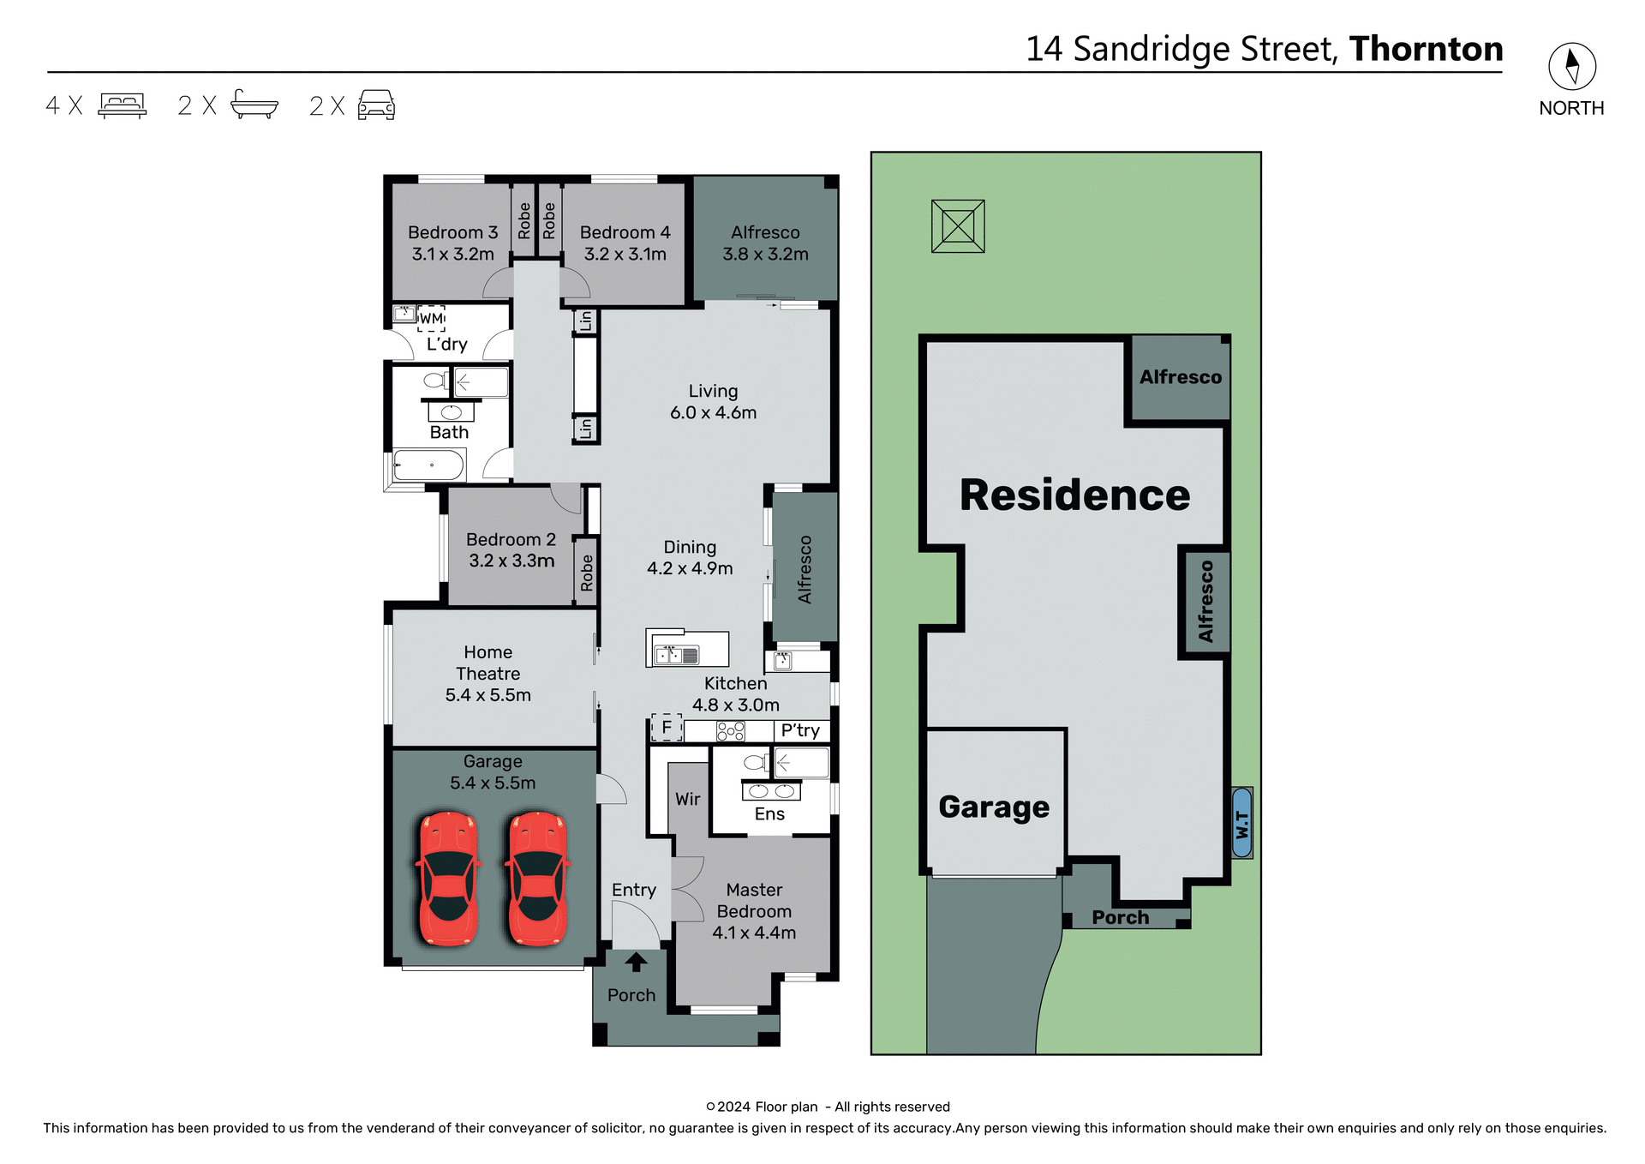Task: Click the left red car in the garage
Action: coord(447,879)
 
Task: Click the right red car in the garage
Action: coord(537,879)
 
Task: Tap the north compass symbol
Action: coord(1571,67)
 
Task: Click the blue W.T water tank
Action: coord(1241,823)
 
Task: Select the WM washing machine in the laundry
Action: coord(432,318)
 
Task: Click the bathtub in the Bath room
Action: coord(428,466)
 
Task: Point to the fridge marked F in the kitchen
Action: coord(667,728)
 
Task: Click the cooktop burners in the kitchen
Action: coord(731,731)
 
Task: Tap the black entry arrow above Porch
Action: coord(636,962)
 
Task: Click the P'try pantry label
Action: coord(800,730)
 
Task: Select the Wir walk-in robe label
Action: coord(688,799)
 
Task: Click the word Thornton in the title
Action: coord(1426,49)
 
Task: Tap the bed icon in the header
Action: coord(123,105)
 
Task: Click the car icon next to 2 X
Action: coord(376,105)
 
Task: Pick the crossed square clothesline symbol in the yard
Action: coord(958,226)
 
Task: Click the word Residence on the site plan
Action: coord(1074,495)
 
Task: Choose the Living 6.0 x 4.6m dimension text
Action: coord(713,412)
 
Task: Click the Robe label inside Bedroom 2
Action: coord(587,573)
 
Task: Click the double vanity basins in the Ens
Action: coord(771,791)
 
